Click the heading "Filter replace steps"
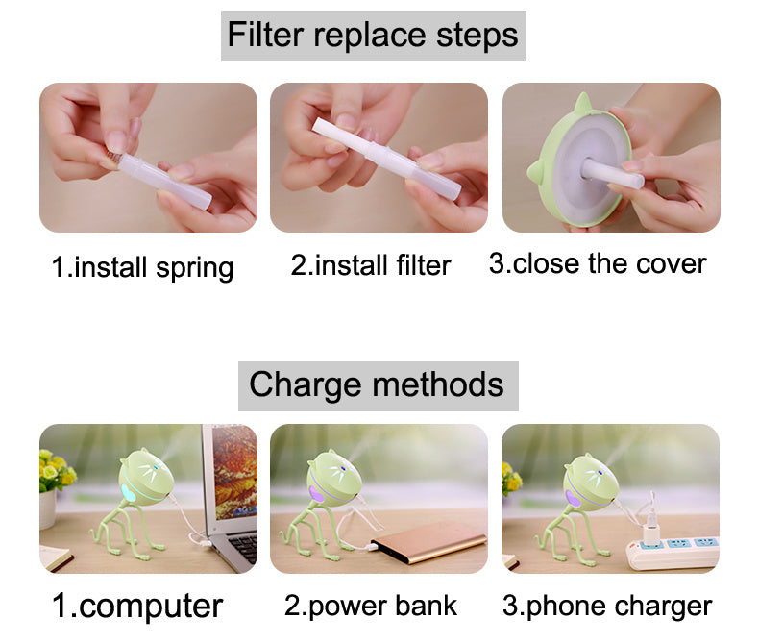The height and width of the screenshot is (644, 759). point(373,36)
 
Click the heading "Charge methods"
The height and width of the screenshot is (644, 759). point(377,385)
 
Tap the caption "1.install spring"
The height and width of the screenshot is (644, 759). point(142,265)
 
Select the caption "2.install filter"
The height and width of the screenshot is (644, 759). point(371,264)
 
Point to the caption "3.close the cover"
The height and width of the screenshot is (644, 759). point(598,263)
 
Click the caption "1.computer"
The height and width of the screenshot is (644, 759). point(137,606)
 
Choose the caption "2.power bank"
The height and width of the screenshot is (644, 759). point(371,606)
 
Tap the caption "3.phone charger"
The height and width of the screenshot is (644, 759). point(607,606)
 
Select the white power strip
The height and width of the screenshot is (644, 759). point(673,551)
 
